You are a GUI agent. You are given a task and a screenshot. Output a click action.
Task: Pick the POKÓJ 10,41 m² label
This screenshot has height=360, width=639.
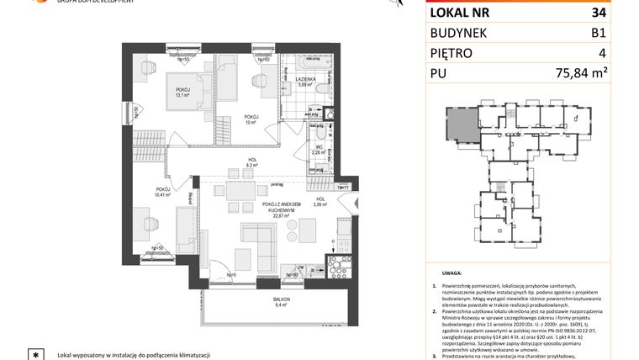coord(163,192)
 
